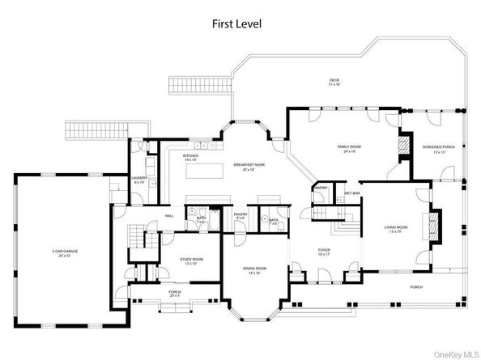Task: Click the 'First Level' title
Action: point(240,24)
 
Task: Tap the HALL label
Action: point(170,216)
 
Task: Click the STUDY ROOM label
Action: point(193,260)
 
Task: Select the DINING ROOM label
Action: point(255,270)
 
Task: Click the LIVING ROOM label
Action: point(396,229)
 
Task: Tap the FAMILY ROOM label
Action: point(349,148)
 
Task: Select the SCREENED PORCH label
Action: point(438,149)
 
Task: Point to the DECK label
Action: point(334,82)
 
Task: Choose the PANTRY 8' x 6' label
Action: point(240,217)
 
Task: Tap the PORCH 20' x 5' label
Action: point(174,294)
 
